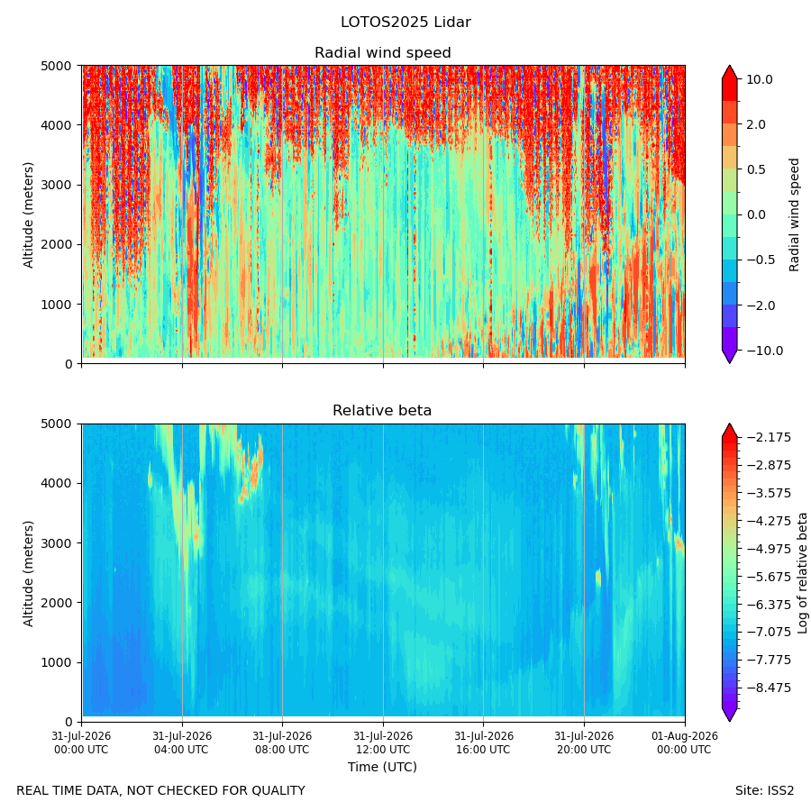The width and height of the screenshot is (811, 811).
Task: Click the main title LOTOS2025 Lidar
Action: pos(405,23)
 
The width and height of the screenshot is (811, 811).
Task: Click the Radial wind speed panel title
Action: pos(383,53)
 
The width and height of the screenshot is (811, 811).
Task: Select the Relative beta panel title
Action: pos(382,410)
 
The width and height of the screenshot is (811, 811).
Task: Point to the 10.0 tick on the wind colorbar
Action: pos(759,79)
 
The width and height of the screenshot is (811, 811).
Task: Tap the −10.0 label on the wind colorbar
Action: pos(764,351)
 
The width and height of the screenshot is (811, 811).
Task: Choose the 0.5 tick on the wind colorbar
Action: pos(756,169)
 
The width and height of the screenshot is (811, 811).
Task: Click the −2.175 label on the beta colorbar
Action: pos(769,438)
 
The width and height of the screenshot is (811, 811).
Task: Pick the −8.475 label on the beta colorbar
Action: pos(769,688)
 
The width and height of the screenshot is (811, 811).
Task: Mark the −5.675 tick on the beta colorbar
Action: pos(769,577)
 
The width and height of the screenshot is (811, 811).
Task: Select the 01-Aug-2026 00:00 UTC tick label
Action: pos(685,743)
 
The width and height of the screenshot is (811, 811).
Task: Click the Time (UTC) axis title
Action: pos(382,767)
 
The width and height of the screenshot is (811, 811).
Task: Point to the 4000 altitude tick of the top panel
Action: pos(57,125)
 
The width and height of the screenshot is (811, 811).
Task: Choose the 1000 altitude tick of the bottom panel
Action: pos(57,662)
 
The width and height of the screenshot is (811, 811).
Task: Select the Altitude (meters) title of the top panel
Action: pos(28,215)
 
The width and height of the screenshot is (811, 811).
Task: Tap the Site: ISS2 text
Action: pos(764,790)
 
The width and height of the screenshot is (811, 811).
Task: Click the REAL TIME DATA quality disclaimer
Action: pos(161,790)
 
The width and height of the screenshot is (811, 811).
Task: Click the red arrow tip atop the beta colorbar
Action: pos(729,424)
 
